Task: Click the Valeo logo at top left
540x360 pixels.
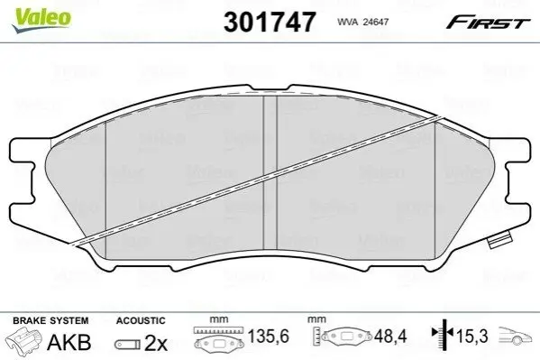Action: pos(41,20)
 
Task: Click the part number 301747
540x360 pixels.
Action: pos(270,22)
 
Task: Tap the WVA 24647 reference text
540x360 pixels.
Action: pos(362,22)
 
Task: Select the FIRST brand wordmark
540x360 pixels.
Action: pos(488,23)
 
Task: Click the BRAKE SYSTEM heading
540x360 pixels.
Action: pos(50,320)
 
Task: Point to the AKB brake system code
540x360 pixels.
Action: pos(69,342)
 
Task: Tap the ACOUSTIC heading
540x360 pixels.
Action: pos(141,320)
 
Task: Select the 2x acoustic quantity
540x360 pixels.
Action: pos(156,343)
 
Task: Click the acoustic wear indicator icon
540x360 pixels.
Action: pos(127,344)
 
